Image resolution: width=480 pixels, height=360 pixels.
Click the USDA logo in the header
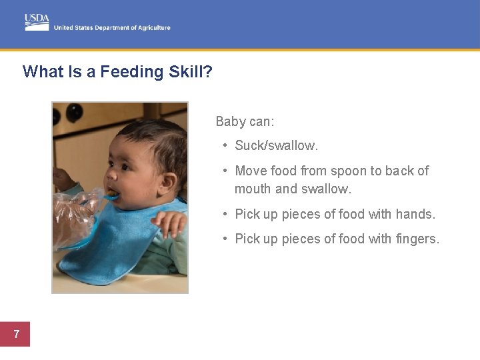[37, 22]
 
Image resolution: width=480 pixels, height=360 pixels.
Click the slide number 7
[16, 334]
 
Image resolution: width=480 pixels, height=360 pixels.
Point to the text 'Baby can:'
[245, 121]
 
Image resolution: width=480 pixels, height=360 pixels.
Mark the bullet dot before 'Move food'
[227, 171]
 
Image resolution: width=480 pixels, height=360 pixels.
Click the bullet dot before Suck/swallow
[227, 145]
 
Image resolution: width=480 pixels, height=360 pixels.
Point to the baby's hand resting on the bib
[169, 223]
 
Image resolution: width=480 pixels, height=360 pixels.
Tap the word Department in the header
[113, 28]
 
